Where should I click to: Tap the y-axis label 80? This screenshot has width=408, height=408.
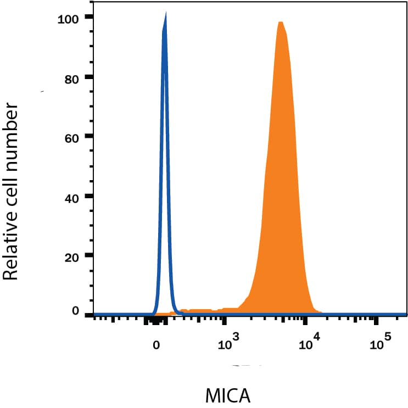71,77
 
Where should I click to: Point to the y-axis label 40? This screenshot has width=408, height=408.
71,196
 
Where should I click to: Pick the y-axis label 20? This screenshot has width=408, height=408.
71,255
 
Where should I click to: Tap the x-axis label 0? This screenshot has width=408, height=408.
157,345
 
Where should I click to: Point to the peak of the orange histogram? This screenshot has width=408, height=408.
281,23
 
